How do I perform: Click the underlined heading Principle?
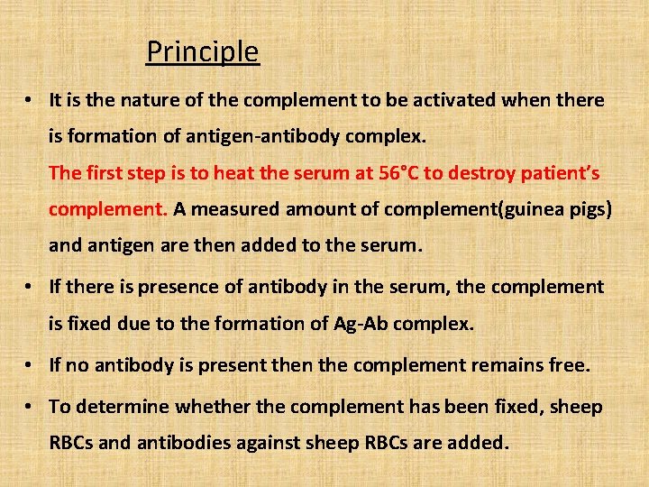tap(203, 52)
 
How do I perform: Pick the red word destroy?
tap(485, 173)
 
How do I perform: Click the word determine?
tap(122, 407)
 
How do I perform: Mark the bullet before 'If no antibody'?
tap(32, 365)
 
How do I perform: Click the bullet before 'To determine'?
tap(32, 407)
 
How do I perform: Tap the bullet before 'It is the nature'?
tap(32, 100)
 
